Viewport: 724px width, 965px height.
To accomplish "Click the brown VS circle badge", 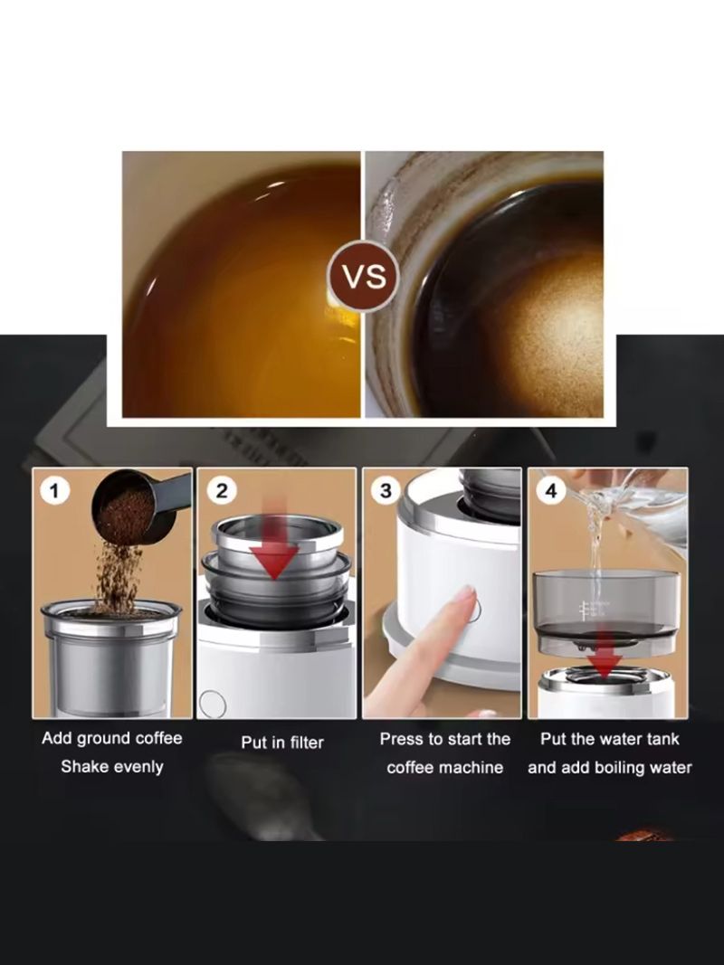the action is [364, 276].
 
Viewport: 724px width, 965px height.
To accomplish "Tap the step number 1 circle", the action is [55, 491].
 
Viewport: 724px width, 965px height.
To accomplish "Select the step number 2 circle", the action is [222, 490].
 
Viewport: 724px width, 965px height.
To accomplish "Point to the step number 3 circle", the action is [386, 490].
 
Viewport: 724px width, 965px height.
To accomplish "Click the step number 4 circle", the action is [551, 490].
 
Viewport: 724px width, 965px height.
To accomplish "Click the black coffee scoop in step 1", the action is [140, 506].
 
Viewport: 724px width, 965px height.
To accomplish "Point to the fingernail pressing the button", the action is [465, 594].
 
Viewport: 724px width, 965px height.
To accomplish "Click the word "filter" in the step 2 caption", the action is [307, 743].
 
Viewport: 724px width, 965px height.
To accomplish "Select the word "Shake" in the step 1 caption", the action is [81, 767].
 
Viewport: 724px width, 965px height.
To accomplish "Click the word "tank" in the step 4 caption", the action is [662, 739].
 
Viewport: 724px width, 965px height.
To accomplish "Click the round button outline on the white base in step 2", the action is [213, 703].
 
